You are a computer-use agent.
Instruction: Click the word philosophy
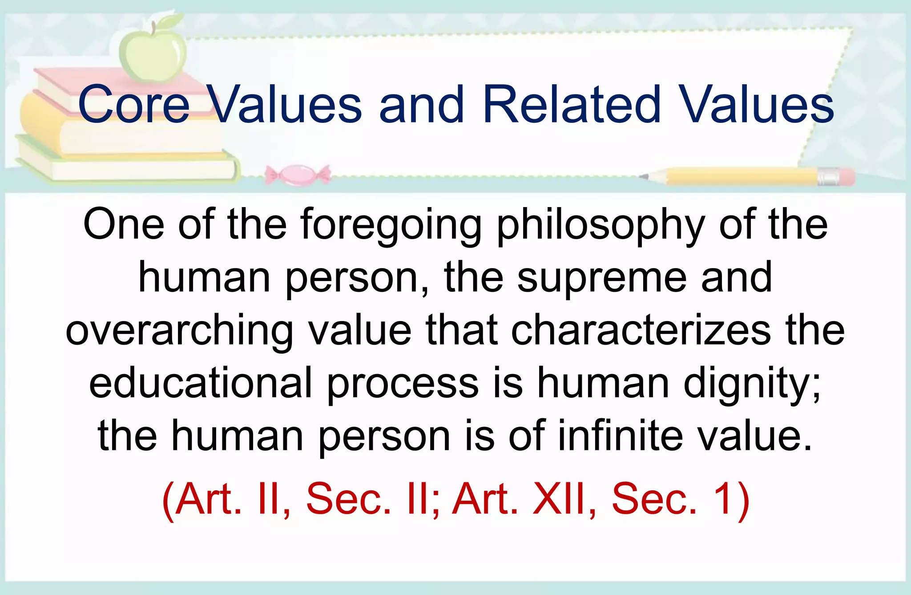(x=601, y=225)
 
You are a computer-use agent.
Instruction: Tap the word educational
(x=201, y=383)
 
